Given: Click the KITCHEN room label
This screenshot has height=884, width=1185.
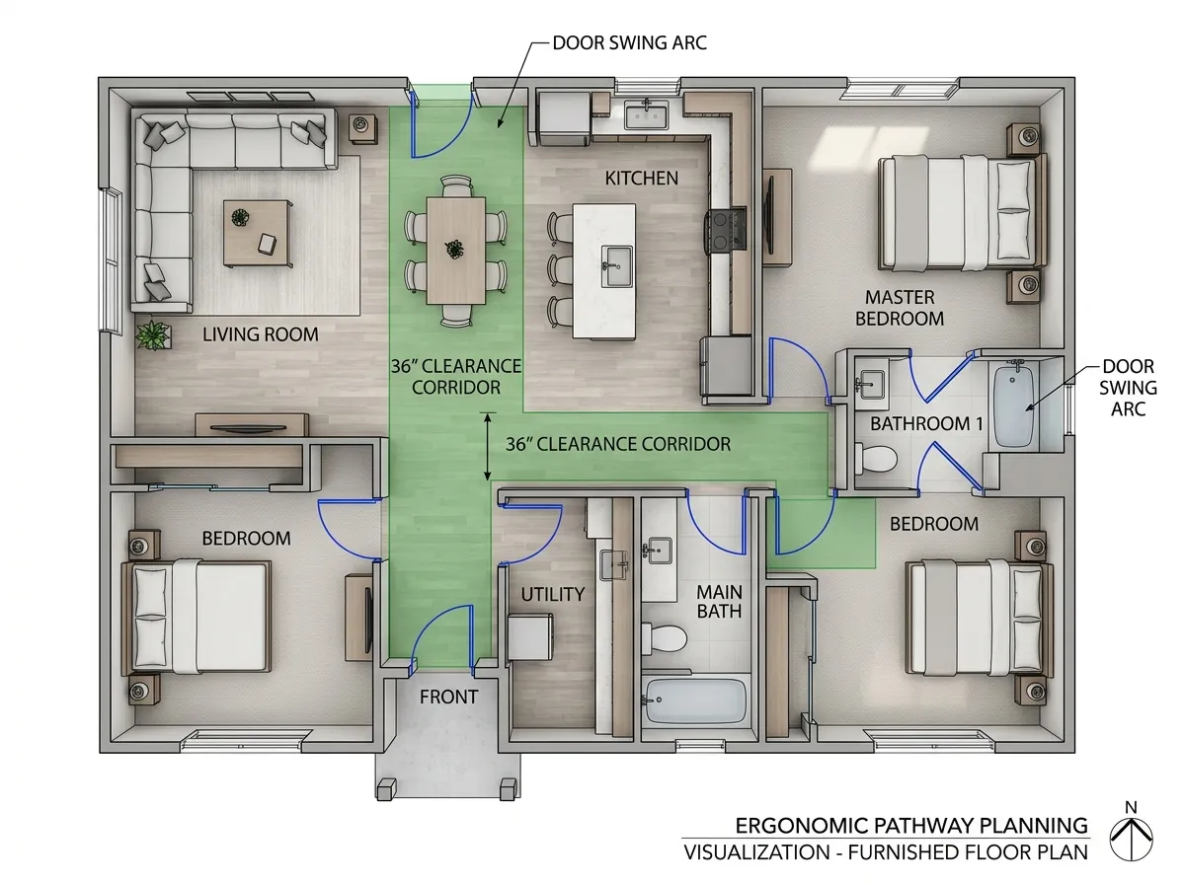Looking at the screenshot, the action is [x=641, y=179].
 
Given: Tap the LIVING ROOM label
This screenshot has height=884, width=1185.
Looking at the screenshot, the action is [x=261, y=334].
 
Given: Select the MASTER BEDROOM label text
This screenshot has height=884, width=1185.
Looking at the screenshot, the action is [x=900, y=308].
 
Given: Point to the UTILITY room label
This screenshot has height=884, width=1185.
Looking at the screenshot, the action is [x=553, y=594].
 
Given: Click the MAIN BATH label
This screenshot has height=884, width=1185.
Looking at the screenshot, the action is [x=719, y=602].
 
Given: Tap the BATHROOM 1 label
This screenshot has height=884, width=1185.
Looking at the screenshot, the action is [x=926, y=424].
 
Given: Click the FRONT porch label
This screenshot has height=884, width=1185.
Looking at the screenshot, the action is [x=448, y=698].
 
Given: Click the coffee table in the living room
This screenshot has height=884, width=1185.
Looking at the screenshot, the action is [x=258, y=233].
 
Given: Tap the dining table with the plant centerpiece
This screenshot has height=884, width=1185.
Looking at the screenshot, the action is [x=456, y=251].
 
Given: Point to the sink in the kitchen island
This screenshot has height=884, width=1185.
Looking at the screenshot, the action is [x=616, y=266].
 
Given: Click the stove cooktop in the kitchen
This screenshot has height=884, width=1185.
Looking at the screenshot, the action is [x=726, y=230].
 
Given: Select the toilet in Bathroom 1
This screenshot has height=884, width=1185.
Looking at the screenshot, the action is [x=877, y=459].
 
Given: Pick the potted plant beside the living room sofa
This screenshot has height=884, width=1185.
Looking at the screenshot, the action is [x=154, y=334].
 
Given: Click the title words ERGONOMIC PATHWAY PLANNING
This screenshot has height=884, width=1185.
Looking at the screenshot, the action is [x=911, y=826].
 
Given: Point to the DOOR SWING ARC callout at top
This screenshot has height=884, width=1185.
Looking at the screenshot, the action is [x=629, y=43].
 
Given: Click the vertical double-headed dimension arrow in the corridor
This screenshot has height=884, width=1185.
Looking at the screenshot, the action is [x=488, y=447].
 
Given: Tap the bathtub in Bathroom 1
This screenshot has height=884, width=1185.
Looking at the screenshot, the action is [x=1013, y=406].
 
